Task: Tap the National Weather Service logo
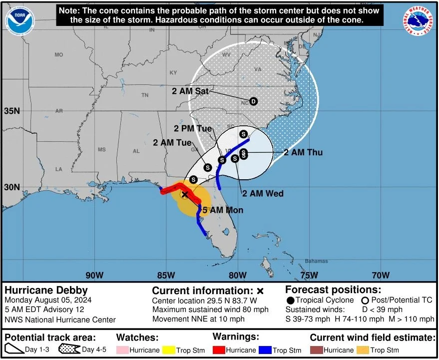418,21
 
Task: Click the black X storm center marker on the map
184,194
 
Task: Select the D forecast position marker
253,101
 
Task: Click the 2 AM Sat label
190,91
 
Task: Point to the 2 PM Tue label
193,128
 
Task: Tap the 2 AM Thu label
303,152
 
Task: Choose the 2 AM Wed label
263,194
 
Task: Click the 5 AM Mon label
223,210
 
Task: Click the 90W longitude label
94,275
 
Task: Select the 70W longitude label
381,275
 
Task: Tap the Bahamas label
317,261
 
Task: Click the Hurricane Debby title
46,290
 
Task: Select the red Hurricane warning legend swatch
219,350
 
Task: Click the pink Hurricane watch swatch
122,350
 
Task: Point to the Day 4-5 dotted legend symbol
69,350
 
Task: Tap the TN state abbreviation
145,95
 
